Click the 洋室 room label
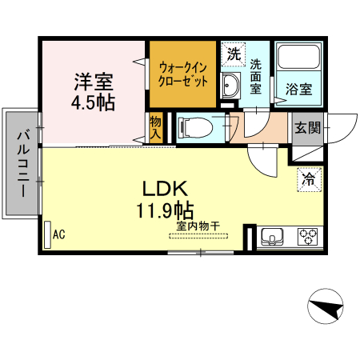coord(94,81)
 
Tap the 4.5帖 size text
coord(94,102)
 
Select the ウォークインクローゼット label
coord(183,74)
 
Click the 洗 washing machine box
coord(233,56)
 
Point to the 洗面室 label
coord(256,76)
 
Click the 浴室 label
coord(299,90)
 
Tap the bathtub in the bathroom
coord(298,61)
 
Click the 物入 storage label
coord(155,129)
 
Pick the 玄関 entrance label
coord(307,128)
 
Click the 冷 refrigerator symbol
coord(308,179)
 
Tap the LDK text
coord(165,190)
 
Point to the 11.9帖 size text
coord(164,211)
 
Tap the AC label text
coord(58,234)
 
